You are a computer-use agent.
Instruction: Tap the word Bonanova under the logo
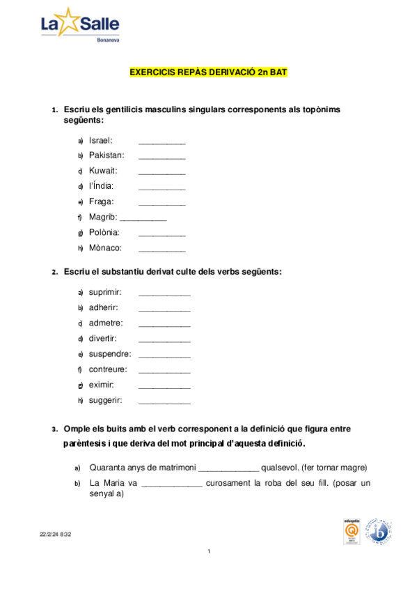click(x=107, y=40)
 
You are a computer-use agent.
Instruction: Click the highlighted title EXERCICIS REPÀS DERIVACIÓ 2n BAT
click(x=208, y=72)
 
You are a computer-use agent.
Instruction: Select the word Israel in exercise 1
click(x=101, y=140)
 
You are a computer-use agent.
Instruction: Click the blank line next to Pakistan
click(x=162, y=158)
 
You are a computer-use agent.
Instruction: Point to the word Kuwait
click(x=103, y=171)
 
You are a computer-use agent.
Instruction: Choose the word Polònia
click(x=104, y=232)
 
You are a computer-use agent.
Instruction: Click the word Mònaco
click(x=105, y=247)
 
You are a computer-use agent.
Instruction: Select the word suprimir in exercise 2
click(x=105, y=292)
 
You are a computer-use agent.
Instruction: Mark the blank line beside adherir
click(x=164, y=310)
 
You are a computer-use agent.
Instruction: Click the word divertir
click(x=102, y=339)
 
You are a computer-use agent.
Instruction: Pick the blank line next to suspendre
click(x=164, y=357)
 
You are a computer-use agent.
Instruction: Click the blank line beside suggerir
click(x=164, y=404)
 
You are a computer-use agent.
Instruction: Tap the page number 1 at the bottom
click(x=208, y=552)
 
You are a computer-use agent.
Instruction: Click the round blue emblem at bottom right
click(x=379, y=532)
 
